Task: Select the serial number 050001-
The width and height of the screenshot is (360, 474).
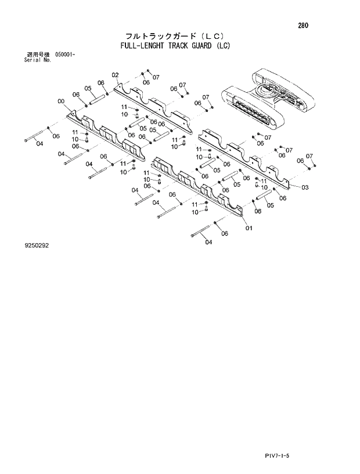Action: click(66, 55)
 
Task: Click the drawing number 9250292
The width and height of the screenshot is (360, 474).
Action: click(36, 245)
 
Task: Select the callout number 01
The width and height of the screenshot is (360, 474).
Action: click(249, 227)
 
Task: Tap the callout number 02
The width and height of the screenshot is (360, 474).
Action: click(115, 75)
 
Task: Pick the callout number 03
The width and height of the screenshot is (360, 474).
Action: click(305, 187)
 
